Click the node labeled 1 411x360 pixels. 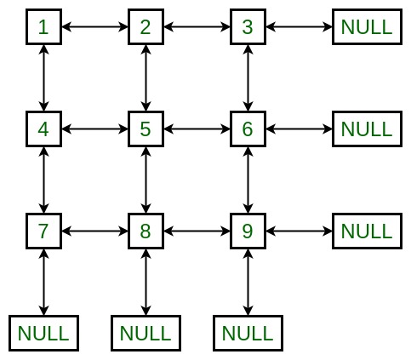tap(43, 27)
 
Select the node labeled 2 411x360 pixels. tap(146, 27)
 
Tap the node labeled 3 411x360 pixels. tap(248, 27)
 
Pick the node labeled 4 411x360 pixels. tap(43, 129)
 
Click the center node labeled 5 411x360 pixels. tap(146, 129)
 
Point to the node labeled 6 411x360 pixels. tap(248, 129)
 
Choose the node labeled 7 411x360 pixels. tap(43, 231)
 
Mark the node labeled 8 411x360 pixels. tap(146, 231)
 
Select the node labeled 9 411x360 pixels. tap(248, 231)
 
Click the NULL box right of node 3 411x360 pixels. tap(367, 27)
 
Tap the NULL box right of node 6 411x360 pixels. tap(367, 129)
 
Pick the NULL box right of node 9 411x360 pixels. tap(367, 231)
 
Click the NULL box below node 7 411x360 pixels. tap(43, 334)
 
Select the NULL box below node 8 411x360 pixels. tap(146, 334)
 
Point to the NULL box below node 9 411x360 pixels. tap(248, 334)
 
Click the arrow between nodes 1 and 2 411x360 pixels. tap(94, 27)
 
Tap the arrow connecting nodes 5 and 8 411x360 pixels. tap(146, 180)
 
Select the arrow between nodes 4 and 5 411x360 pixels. tap(94, 129)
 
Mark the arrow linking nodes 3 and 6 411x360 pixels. tap(248, 78)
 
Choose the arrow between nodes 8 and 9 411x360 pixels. tap(197, 231)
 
